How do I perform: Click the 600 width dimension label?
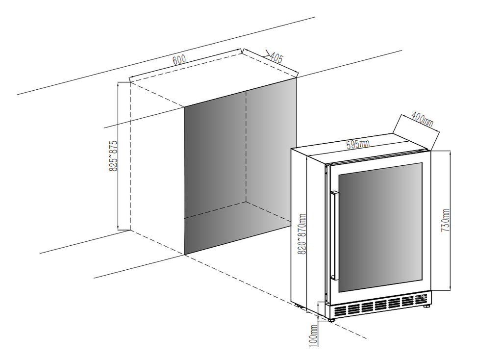point(179,60)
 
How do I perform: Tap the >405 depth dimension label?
point(273,57)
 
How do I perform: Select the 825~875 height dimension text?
point(113,155)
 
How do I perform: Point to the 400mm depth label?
point(422,119)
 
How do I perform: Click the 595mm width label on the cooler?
point(358,144)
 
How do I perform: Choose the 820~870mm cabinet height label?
point(302,234)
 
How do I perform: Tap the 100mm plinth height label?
point(314,335)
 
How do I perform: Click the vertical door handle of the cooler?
point(334,235)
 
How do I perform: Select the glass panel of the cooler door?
point(380,227)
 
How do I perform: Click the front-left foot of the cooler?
point(332,319)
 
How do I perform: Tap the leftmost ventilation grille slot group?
point(340,310)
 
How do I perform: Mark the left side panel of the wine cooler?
point(299,228)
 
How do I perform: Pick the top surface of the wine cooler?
point(358,146)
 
